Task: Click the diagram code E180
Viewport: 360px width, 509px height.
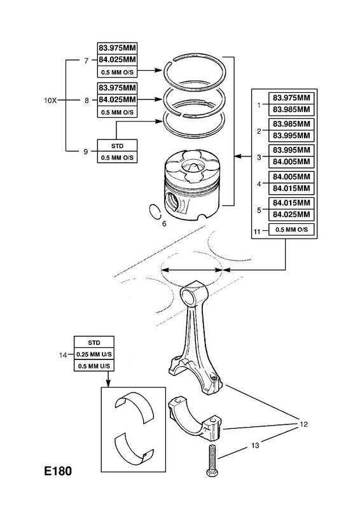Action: click(58, 471)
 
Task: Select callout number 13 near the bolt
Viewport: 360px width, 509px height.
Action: click(255, 445)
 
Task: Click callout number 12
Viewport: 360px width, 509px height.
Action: click(303, 424)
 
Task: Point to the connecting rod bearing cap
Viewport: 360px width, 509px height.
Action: click(194, 419)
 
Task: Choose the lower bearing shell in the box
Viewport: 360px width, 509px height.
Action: click(134, 449)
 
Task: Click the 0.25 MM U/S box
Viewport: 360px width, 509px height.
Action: click(94, 354)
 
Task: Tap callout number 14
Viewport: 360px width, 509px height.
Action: click(63, 355)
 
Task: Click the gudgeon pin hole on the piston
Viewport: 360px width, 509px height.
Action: click(172, 201)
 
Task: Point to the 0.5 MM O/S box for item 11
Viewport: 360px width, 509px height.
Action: click(291, 230)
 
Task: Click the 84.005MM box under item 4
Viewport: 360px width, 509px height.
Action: click(291, 177)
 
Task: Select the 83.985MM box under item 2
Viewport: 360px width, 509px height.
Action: click(291, 124)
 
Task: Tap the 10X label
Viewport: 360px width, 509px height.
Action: click(50, 101)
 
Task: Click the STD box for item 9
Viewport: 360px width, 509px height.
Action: click(117, 146)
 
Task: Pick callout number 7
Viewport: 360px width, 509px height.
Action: click(87, 60)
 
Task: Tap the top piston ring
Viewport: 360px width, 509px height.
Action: click(195, 69)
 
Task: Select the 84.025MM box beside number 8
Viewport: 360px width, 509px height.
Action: click(117, 99)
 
